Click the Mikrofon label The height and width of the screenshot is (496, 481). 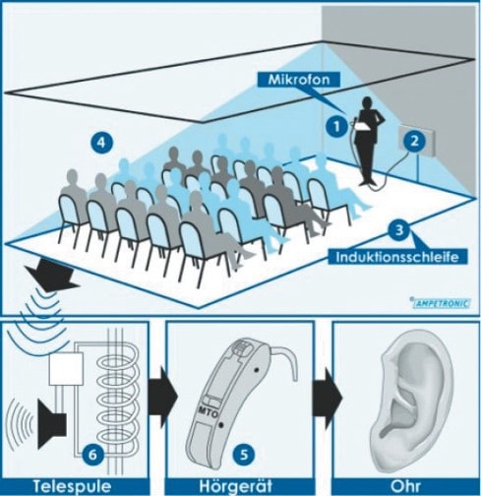coord(299,80)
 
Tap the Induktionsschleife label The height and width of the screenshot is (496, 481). coord(397,257)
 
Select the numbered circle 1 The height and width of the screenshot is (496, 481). coord(336,126)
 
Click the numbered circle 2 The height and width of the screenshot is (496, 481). coord(414,141)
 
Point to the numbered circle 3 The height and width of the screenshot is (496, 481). coord(398,230)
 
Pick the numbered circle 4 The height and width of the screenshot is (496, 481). coord(102,143)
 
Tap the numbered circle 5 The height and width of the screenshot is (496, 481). coord(244,455)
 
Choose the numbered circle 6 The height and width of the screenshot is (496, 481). coord(92,455)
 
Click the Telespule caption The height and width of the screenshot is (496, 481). coord(72,486)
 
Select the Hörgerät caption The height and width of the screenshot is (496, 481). coord(235,486)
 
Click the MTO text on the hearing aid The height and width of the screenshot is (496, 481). coord(208,412)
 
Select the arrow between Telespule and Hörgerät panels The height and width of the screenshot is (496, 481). coord(163,397)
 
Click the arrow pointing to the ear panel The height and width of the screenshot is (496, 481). coord(328,398)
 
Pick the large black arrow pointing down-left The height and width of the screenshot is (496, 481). coord(52,275)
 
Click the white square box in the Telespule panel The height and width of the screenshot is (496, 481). coord(66,369)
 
